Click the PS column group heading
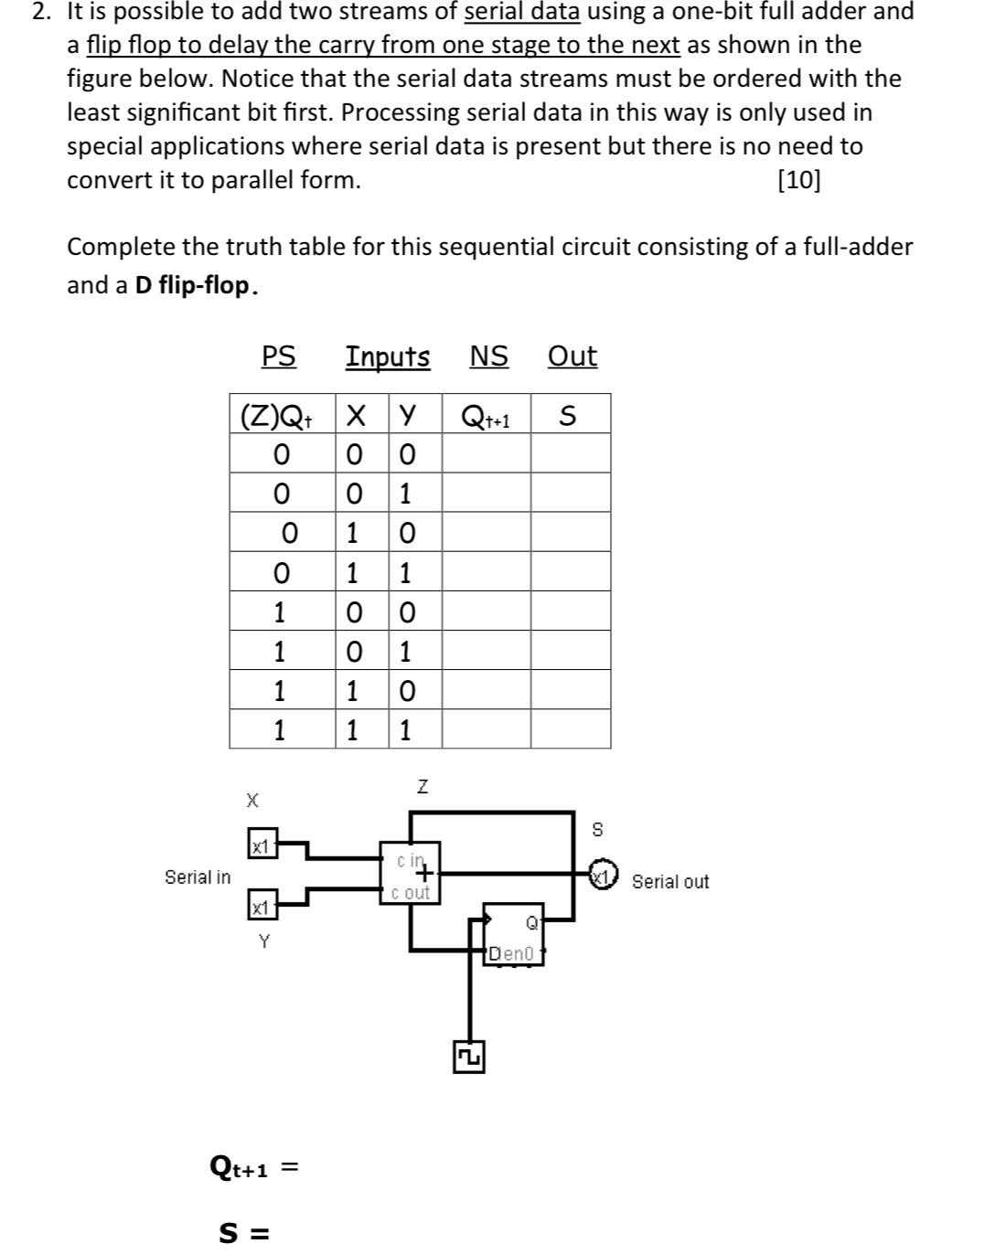coord(279,356)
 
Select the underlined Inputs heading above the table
coord(388,356)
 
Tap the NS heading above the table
coord(489,356)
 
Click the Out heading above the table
coord(572,356)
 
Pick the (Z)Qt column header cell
coord(277,416)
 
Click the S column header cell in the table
coord(568,416)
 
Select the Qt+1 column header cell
coord(486,418)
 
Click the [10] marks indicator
coord(798,180)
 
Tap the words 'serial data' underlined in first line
coord(522,12)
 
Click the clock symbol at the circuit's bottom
coord(469,1057)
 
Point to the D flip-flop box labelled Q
coord(513,933)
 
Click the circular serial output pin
coord(603,875)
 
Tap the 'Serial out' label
coord(670,882)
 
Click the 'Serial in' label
coord(198,877)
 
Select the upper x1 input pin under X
coord(261,846)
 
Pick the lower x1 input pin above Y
coord(261,907)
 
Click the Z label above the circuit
coord(423,786)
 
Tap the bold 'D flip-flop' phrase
coord(192,286)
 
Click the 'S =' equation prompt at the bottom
coord(244,1233)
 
